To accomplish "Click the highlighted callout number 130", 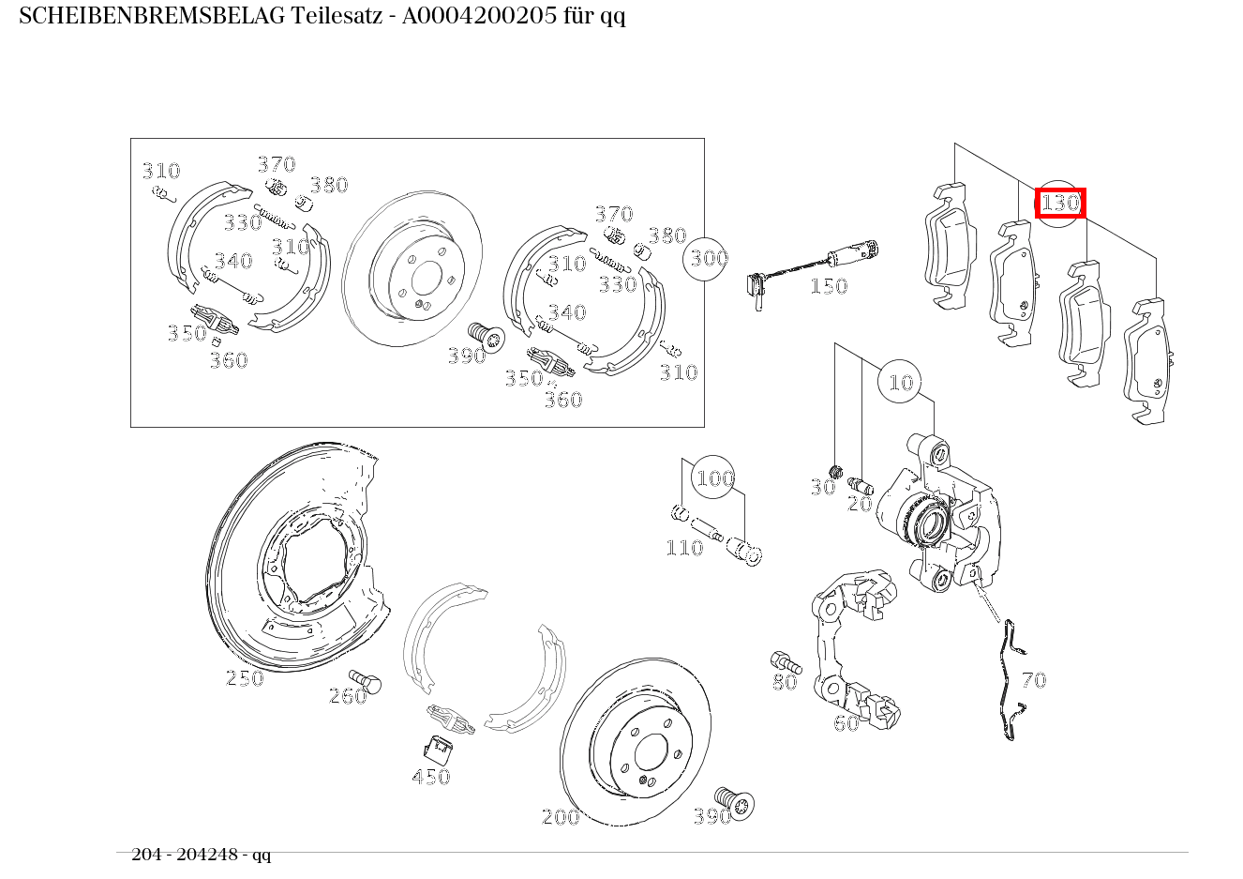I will click(1060, 203).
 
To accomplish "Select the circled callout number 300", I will click(708, 257).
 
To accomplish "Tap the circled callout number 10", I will click(900, 382).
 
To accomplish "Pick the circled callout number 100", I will click(714, 478).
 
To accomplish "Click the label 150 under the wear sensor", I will click(829, 286).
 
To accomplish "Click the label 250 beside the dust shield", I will click(245, 678).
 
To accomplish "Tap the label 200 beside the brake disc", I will click(561, 817).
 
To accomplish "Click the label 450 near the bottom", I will click(431, 777).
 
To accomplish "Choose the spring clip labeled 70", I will click(1009, 680).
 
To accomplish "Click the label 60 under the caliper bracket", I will click(846, 723).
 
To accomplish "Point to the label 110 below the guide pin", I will click(684, 548).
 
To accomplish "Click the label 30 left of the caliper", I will click(822, 488).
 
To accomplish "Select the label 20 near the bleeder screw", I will click(860, 504).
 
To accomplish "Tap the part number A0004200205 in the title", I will click(479, 16).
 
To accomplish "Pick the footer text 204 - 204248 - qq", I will click(201, 855).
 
